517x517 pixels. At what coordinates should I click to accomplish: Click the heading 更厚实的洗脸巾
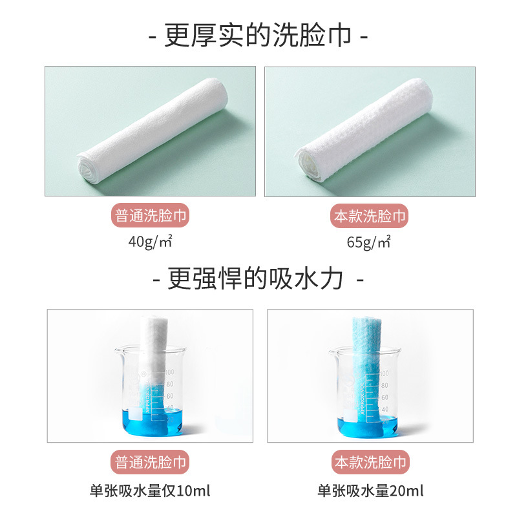coord(258,36)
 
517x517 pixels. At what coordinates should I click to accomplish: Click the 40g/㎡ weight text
coord(151,241)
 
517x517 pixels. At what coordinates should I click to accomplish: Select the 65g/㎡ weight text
coord(368,242)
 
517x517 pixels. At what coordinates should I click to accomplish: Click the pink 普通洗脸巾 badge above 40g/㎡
coord(151,216)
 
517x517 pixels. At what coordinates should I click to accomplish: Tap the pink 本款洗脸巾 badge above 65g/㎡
coord(369,216)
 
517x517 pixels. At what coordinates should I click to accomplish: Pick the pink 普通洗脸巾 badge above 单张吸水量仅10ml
coord(150,462)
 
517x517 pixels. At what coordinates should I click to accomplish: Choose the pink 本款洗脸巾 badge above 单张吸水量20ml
coord(370,462)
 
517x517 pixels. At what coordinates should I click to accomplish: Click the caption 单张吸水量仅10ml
coord(150,491)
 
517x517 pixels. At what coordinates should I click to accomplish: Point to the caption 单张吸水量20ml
coord(370,491)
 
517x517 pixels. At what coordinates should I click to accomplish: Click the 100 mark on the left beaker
coord(169,372)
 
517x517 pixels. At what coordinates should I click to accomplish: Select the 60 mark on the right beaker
coord(385,397)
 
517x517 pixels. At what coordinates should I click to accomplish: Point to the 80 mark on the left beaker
coord(170,384)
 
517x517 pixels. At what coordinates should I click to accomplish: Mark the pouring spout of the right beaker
coord(332,352)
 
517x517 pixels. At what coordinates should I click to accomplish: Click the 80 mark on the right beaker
coord(385,385)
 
